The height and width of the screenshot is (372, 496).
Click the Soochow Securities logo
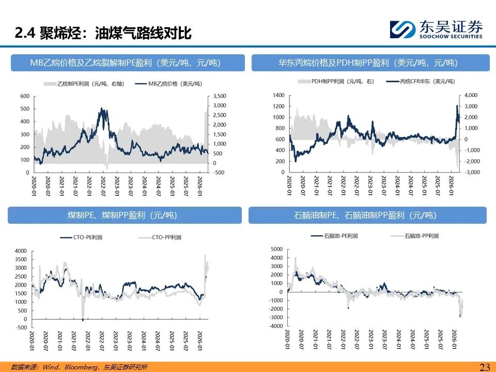point(436,29)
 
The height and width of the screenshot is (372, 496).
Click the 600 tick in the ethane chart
point(25,96)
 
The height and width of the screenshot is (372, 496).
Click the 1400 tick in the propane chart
point(278,96)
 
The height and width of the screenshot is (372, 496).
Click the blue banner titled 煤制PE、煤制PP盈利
point(125,215)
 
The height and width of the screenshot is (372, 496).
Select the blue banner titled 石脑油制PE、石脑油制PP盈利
point(367,215)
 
